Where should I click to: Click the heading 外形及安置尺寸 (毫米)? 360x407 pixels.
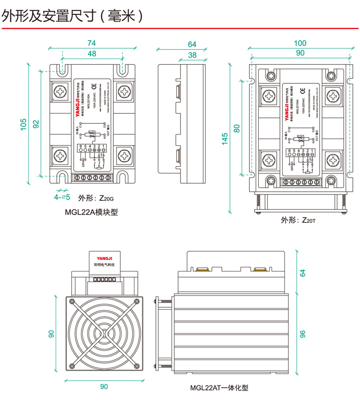[72, 16]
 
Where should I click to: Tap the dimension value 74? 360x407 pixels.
[91, 43]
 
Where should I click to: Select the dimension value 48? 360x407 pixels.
[91, 54]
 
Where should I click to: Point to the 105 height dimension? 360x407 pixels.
[23, 124]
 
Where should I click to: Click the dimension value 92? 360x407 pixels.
[36, 124]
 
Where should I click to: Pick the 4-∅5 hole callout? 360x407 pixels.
[62, 197]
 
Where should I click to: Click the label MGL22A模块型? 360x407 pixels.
[91, 212]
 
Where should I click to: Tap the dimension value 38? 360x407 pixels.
[192, 55]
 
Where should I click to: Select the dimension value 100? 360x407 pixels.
[300, 43]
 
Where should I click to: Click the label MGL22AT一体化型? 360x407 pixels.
[219, 387]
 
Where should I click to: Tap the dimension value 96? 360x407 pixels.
[302, 334]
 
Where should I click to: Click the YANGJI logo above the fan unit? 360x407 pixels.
[104, 258]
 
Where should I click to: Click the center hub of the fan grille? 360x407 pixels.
[104, 334]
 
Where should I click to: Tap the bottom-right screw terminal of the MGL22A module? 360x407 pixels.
[123, 156]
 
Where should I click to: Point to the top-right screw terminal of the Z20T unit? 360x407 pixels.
[333, 96]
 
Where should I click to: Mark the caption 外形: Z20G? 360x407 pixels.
[96, 198]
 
